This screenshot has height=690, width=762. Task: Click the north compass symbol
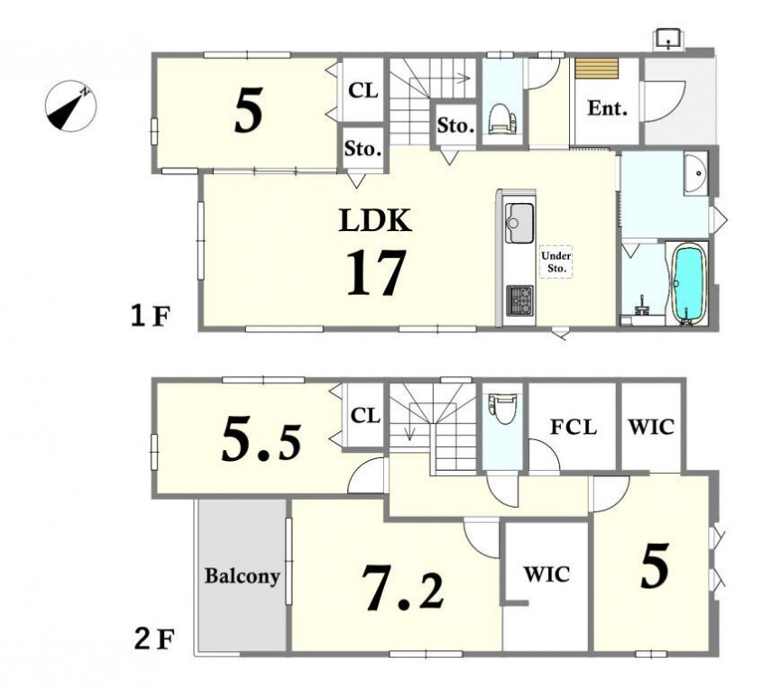[71, 106]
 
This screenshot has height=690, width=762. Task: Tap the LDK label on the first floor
[375, 220]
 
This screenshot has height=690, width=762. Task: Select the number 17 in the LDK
[376, 272]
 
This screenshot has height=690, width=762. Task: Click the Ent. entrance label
[608, 108]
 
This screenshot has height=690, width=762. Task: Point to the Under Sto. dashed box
[556, 261]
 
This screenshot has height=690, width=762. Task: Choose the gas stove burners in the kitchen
[519, 300]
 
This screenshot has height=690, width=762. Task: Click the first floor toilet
[502, 118]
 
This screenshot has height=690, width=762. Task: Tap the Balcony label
[242, 575]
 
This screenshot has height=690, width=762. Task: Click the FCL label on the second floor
[574, 428]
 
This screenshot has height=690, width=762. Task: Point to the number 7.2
[403, 588]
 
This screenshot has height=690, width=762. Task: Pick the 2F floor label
[153, 640]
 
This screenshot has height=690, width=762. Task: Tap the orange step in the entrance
[596, 69]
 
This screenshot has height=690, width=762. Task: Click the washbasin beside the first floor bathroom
[696, 173]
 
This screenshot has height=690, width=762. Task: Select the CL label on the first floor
[363, 90]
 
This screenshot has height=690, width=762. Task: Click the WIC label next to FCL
[651, 428]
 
